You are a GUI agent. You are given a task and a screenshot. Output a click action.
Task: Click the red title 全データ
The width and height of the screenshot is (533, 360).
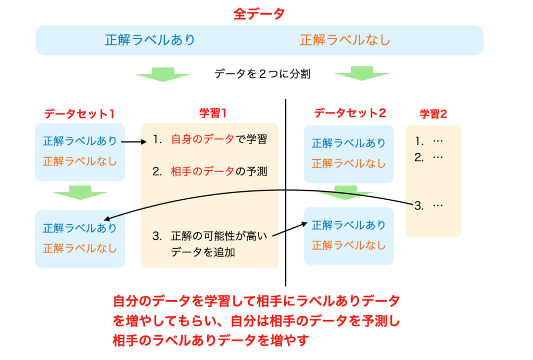[x=259, y=14]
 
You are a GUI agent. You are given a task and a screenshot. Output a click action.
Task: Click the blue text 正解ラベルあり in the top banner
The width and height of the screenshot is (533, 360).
[x=150, y=40]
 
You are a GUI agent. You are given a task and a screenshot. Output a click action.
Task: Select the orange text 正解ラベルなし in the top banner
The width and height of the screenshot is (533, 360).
[x=345, y=40]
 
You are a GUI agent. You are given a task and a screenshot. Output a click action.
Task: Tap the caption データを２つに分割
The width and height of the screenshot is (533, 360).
[x=262, y=74]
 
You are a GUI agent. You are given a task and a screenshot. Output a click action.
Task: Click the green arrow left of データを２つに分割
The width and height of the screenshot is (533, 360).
[x=163, y=74]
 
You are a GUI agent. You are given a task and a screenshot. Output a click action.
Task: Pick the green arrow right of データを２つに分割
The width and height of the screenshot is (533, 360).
[x=362, y=73]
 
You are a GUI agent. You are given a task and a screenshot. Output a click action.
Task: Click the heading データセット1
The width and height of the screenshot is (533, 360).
[x=79, y=113]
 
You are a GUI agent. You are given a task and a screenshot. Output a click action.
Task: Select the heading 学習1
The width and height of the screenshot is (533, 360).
[x=213, y=113]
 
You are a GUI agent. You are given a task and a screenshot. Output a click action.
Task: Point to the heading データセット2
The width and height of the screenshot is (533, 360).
[x=350, y=113]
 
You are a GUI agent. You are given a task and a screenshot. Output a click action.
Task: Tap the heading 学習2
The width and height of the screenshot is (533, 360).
[x=433, y=114]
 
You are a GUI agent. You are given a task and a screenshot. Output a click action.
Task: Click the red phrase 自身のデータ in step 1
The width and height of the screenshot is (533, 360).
[x=202, y=139]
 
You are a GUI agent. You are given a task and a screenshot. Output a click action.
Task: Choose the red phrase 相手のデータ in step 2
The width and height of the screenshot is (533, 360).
[x=202, y=171]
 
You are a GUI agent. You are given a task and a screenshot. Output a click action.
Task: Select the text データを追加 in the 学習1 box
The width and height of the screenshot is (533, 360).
[x=203, y=252]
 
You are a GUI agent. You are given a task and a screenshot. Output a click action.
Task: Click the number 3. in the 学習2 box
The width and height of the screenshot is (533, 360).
[x=419, y=205]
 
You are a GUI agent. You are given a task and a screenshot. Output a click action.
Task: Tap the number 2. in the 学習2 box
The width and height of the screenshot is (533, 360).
[x=419, y=157]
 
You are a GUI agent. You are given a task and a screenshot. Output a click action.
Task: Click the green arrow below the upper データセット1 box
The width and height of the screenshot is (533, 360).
[x=80, y=192]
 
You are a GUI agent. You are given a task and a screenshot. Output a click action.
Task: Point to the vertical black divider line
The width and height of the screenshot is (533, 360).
[x=286, y=192]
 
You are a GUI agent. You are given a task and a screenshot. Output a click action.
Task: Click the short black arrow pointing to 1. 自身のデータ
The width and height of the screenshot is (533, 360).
[x=134, y=142]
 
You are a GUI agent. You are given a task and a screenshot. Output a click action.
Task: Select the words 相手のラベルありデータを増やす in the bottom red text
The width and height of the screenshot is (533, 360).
[x=211, y=340]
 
